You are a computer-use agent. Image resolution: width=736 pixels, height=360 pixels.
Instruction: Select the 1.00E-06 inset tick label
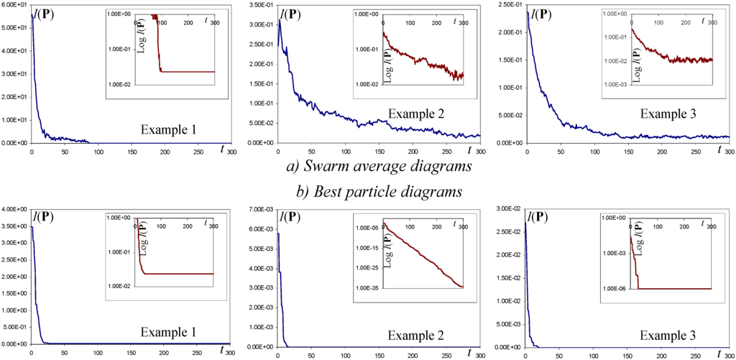tap(615, 288)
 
